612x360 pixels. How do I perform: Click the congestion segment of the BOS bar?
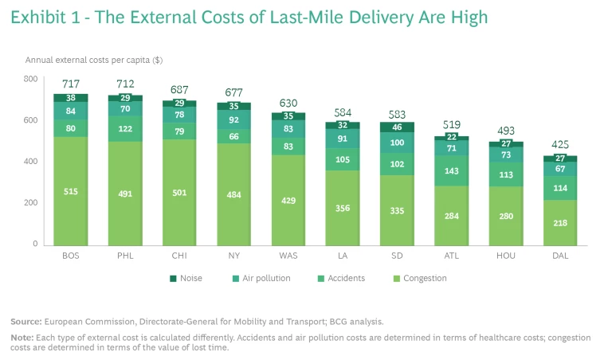70,191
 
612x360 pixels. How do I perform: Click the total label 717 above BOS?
70,84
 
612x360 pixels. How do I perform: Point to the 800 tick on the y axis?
30,79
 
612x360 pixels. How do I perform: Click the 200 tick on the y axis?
30,203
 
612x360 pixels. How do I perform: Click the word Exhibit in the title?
37,17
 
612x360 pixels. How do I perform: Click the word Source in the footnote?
26,321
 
